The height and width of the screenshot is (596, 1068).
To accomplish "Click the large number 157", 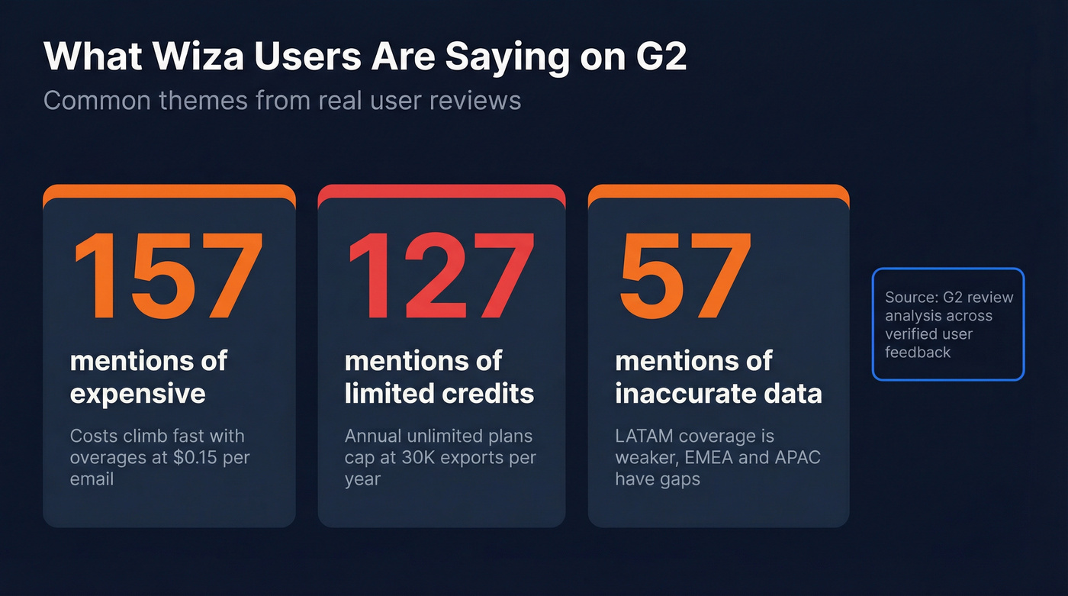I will (168, 276).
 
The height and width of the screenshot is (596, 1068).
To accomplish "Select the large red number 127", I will (440, 276).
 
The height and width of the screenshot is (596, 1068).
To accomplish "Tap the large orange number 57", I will (684, 276).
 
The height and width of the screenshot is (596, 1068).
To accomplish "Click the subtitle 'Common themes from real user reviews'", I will (282, 101).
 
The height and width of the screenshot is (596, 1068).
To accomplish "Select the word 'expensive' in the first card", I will (137, 394).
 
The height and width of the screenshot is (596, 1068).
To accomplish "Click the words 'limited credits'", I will (439, 394).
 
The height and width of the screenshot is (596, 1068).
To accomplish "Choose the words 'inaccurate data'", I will (719, 394).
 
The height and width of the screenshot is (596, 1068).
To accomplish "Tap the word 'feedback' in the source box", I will (918, 353).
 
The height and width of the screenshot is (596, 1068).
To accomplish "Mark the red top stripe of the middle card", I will (441, 190).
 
